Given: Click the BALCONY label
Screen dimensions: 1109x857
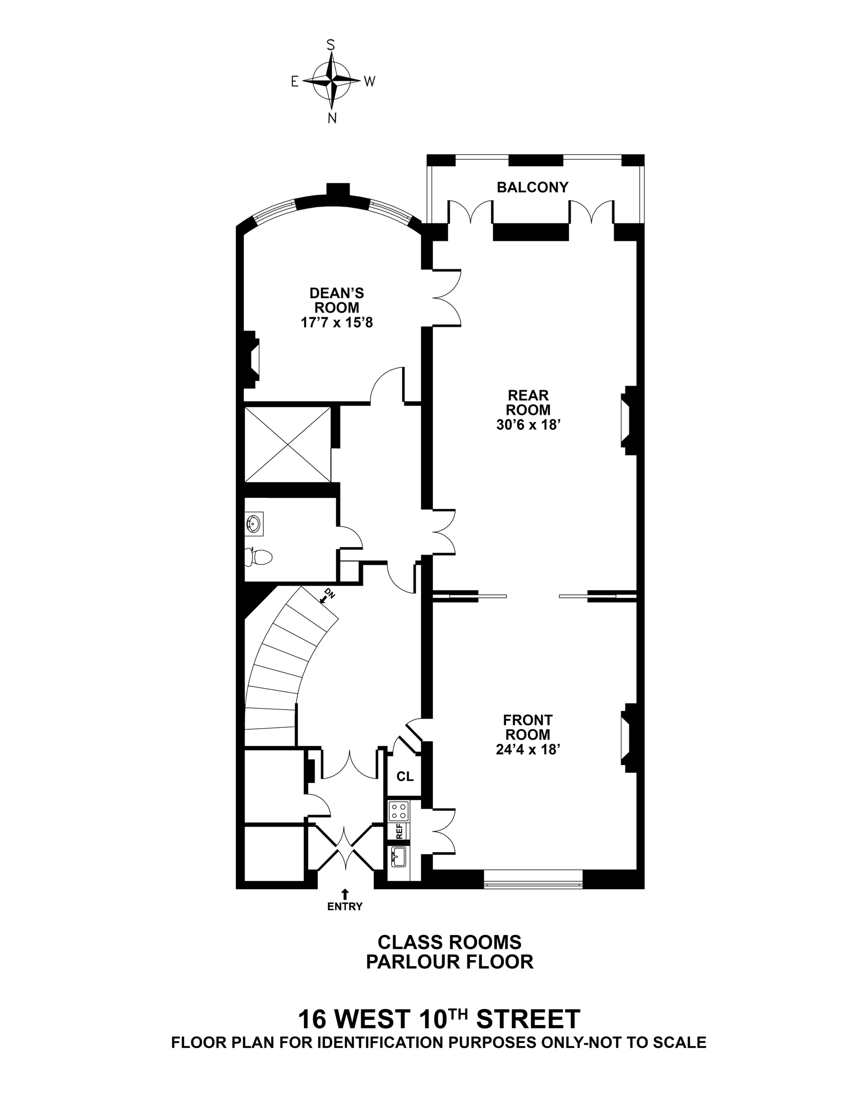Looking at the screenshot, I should click(x=532, y=187).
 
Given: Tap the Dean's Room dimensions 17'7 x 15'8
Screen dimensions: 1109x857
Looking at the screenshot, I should click(x=336, y=322).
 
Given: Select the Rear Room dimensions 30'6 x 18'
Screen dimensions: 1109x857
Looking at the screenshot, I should click(x=528, y=424).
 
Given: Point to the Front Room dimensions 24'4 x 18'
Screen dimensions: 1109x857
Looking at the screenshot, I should click(x=528, y=750).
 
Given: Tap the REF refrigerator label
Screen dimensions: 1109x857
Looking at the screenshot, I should click(x=399, y=831).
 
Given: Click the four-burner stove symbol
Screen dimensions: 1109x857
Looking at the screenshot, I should click(x=398, y=810).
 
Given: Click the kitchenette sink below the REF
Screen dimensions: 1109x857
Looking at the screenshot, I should click(x=398, y=857).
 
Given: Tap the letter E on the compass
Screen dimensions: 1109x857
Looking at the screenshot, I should click(x=294, y=82).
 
